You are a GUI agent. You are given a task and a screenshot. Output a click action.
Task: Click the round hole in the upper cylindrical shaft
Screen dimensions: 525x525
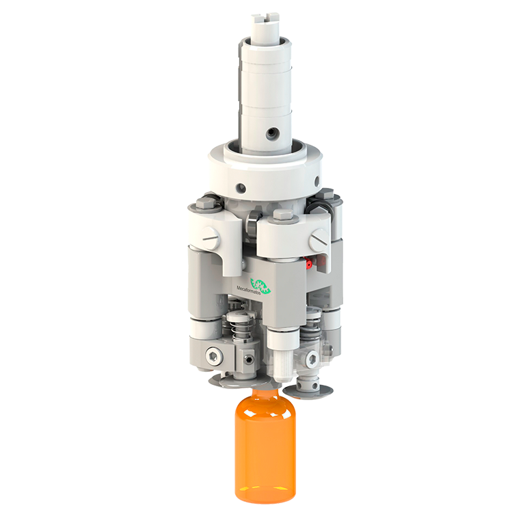tap(271, 134)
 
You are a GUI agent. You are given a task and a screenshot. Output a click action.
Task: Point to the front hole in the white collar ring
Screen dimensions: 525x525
tap(241, 188)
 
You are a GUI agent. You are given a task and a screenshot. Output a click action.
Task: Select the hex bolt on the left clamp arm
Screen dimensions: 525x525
tap(205, 203)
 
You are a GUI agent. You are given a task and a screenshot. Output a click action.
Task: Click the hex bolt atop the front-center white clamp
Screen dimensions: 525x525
tap(284, 215)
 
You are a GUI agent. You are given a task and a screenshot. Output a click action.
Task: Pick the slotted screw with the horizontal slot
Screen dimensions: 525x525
tap(211, 238)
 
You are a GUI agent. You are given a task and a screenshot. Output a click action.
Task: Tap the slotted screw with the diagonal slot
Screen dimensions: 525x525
tap(318, 239)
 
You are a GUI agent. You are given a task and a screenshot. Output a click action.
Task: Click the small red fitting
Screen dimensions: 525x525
tap(308, 264)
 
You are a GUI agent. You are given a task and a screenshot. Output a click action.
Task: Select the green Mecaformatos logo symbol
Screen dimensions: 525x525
tap(261, 286)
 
